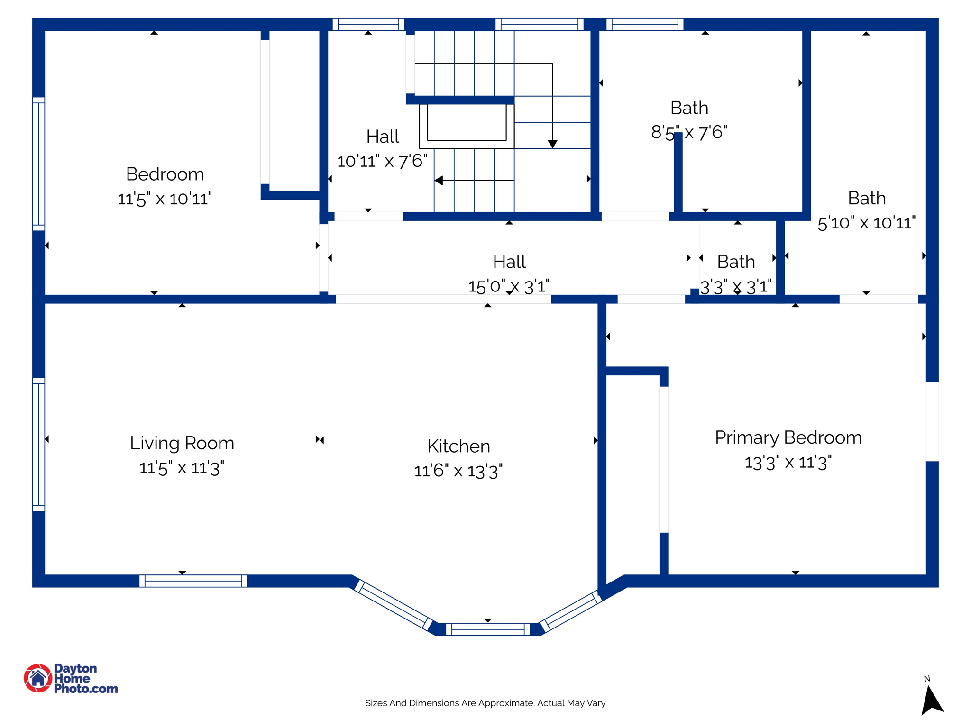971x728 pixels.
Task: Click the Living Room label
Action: point(182,443)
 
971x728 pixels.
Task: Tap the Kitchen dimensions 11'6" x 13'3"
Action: point(458,471)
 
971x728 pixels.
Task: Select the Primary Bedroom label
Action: point(788,437)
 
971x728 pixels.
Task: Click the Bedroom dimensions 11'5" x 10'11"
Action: point(165,199)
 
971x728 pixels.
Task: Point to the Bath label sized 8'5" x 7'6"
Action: point(689,108)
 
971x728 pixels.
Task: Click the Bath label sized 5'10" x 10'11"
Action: point(866,198)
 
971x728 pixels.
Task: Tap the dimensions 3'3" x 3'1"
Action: point(736,287)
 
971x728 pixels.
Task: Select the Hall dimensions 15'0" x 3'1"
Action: point(509,286)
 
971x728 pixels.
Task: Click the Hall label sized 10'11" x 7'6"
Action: point(382,136)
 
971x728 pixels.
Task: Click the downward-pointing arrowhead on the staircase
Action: point(552,144)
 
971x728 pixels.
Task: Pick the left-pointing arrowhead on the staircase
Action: point(439,181)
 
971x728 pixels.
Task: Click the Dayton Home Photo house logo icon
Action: point(38,678)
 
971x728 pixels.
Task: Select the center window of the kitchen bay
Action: point(488,629)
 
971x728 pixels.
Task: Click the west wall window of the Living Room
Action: point(38,444)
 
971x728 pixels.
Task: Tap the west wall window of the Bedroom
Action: point(38,164)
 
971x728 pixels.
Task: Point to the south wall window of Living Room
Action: point(193,581)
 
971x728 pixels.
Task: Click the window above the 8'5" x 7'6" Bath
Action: point(645,24)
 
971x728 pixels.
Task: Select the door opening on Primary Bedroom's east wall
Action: point(932,421)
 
